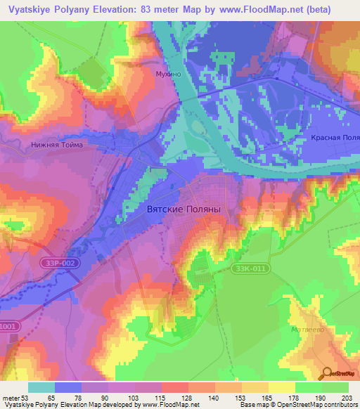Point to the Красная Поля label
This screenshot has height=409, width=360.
point(335,138)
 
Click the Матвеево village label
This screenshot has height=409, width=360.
point(307,328)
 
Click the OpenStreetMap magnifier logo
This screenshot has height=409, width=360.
point(326,375)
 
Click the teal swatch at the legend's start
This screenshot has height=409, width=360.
point(41,387)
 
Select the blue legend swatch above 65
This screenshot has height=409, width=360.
point(68,387)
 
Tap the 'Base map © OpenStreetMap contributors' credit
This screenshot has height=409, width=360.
point(298,405)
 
